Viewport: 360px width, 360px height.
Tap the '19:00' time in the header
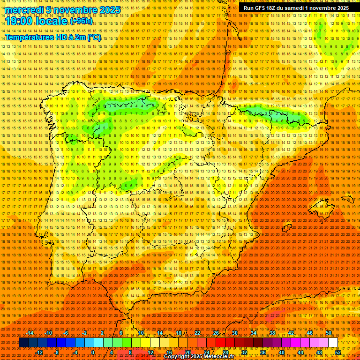pyautogui.click(x=19, y=21)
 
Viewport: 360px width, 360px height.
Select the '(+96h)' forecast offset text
pyautogui.click(x=81, y=21)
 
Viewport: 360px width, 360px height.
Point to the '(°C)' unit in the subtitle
pyautogui.click(x=94, y=37)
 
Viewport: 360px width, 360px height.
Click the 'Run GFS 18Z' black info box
pyautogui.click(x=296, y=8)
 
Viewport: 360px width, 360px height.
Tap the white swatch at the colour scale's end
pyautogui.click(x=333, y=343)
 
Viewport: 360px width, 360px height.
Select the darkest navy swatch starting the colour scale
pyautogui.click(x=23, y=343)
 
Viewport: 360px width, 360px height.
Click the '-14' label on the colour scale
pyautogui.click(x=30, y=333)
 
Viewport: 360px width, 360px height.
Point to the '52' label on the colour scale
pyautogui.click(x=337, y=352)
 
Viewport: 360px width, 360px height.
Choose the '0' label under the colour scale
pyautogui.click(x=93, y=352)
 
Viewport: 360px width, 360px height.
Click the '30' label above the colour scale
pyautogui.click(x=234, y=333)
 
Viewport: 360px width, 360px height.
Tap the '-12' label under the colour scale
pyautogui.click(x=39, y=352)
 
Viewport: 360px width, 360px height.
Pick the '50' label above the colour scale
pyautogui.click(x=329, y=333)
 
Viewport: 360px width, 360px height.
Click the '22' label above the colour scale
pyautogui.click(x=197, y=333)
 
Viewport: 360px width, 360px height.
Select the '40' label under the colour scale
pyautogui.click(x=281, y=352)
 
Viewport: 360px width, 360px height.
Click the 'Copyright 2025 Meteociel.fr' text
pyautogui.click(x=199, y=357)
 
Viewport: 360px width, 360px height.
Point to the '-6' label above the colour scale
pyautogui.click(x=67, y=333)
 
